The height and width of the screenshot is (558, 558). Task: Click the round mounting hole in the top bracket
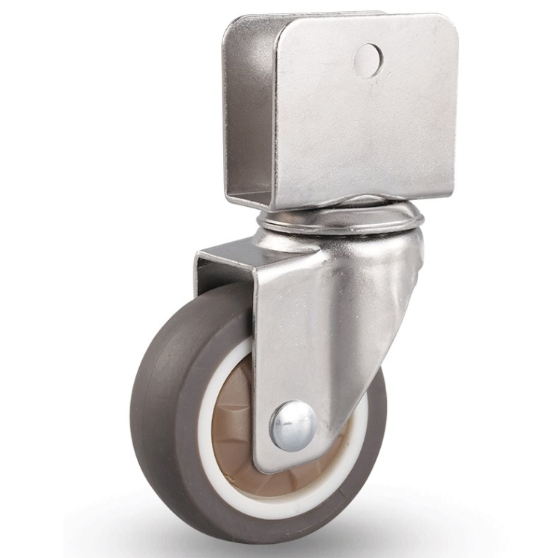[x=368, y=60]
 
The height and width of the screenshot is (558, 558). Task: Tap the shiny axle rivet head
[x=292, y=426]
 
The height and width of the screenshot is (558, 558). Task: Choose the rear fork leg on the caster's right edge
[x=402, y=298]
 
